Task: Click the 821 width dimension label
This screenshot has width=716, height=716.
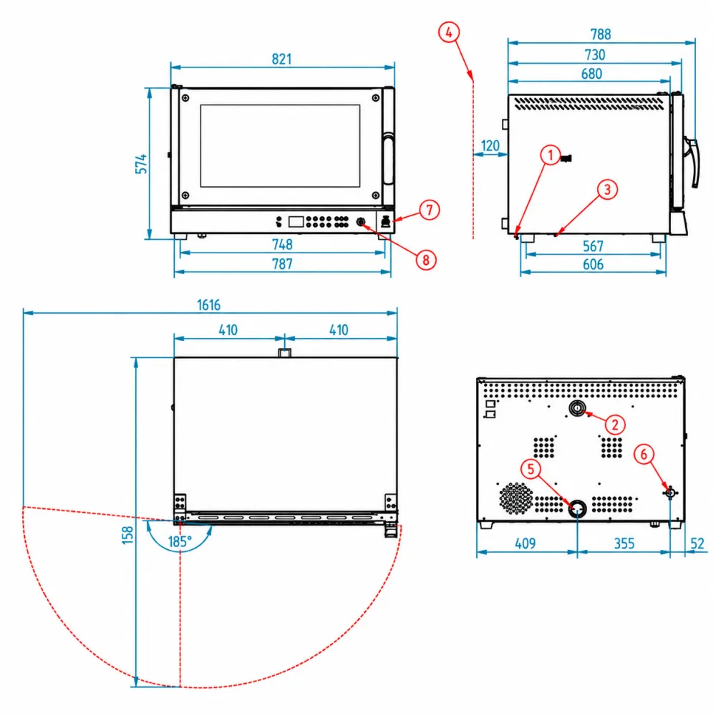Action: click(281, 59)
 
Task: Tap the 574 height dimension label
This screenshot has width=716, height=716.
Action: click(141, 164)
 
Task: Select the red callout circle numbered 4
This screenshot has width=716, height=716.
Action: click(449, 32)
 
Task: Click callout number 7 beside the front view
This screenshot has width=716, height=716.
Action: click(429, 210)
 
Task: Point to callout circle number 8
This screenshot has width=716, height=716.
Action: click(426, 260)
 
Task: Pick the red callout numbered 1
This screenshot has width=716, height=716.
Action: click(550, 155)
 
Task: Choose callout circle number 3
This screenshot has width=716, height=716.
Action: click(607, 190)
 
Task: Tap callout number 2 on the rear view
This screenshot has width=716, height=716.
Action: click(615, 425)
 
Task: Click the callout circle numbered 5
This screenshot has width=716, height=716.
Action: click(531, 469)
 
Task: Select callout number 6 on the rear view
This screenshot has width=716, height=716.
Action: click(644, 455)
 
